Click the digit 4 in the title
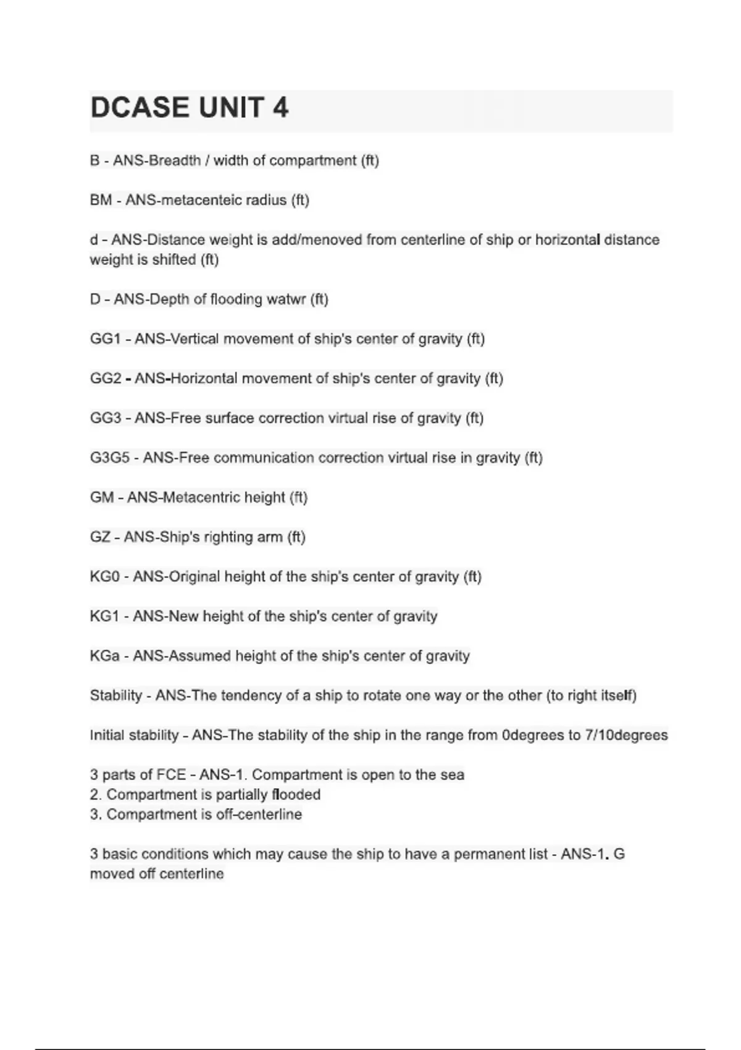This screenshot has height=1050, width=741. click(x=280, y=108)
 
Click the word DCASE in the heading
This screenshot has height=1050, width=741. click(x=140, y=108)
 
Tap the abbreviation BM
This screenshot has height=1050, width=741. click(x=101, y=200)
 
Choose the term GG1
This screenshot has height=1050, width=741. click(x=105, y=339)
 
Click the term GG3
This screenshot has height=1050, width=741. click(x=106, y=418)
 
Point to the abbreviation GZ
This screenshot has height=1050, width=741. click(x=100, y=537)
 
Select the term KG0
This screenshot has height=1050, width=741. click(x=104, y=577)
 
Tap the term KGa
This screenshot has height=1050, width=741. click(x=104, y=656)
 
